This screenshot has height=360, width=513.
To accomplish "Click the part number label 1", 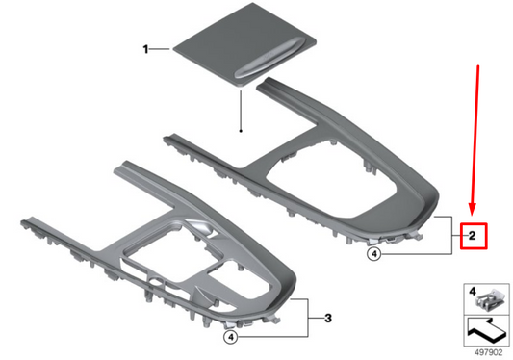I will coord(145,48).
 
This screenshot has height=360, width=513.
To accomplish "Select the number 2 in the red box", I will coord(472,234).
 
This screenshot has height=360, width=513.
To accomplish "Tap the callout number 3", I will coord(327,318).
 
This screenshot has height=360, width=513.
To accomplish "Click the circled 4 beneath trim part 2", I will coord(374,254).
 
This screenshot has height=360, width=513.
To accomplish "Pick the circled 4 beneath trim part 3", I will coord(230,337).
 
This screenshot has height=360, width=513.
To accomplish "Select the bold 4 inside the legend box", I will coord(473,290).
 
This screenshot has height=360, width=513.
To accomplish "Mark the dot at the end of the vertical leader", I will coord(241,129).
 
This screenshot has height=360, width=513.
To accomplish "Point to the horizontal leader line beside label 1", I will coord(160,48).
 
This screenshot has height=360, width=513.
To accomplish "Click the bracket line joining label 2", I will coord(450,234).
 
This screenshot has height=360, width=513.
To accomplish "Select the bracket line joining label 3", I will coord(308,318).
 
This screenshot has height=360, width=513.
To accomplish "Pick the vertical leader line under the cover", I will coord(241,111).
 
